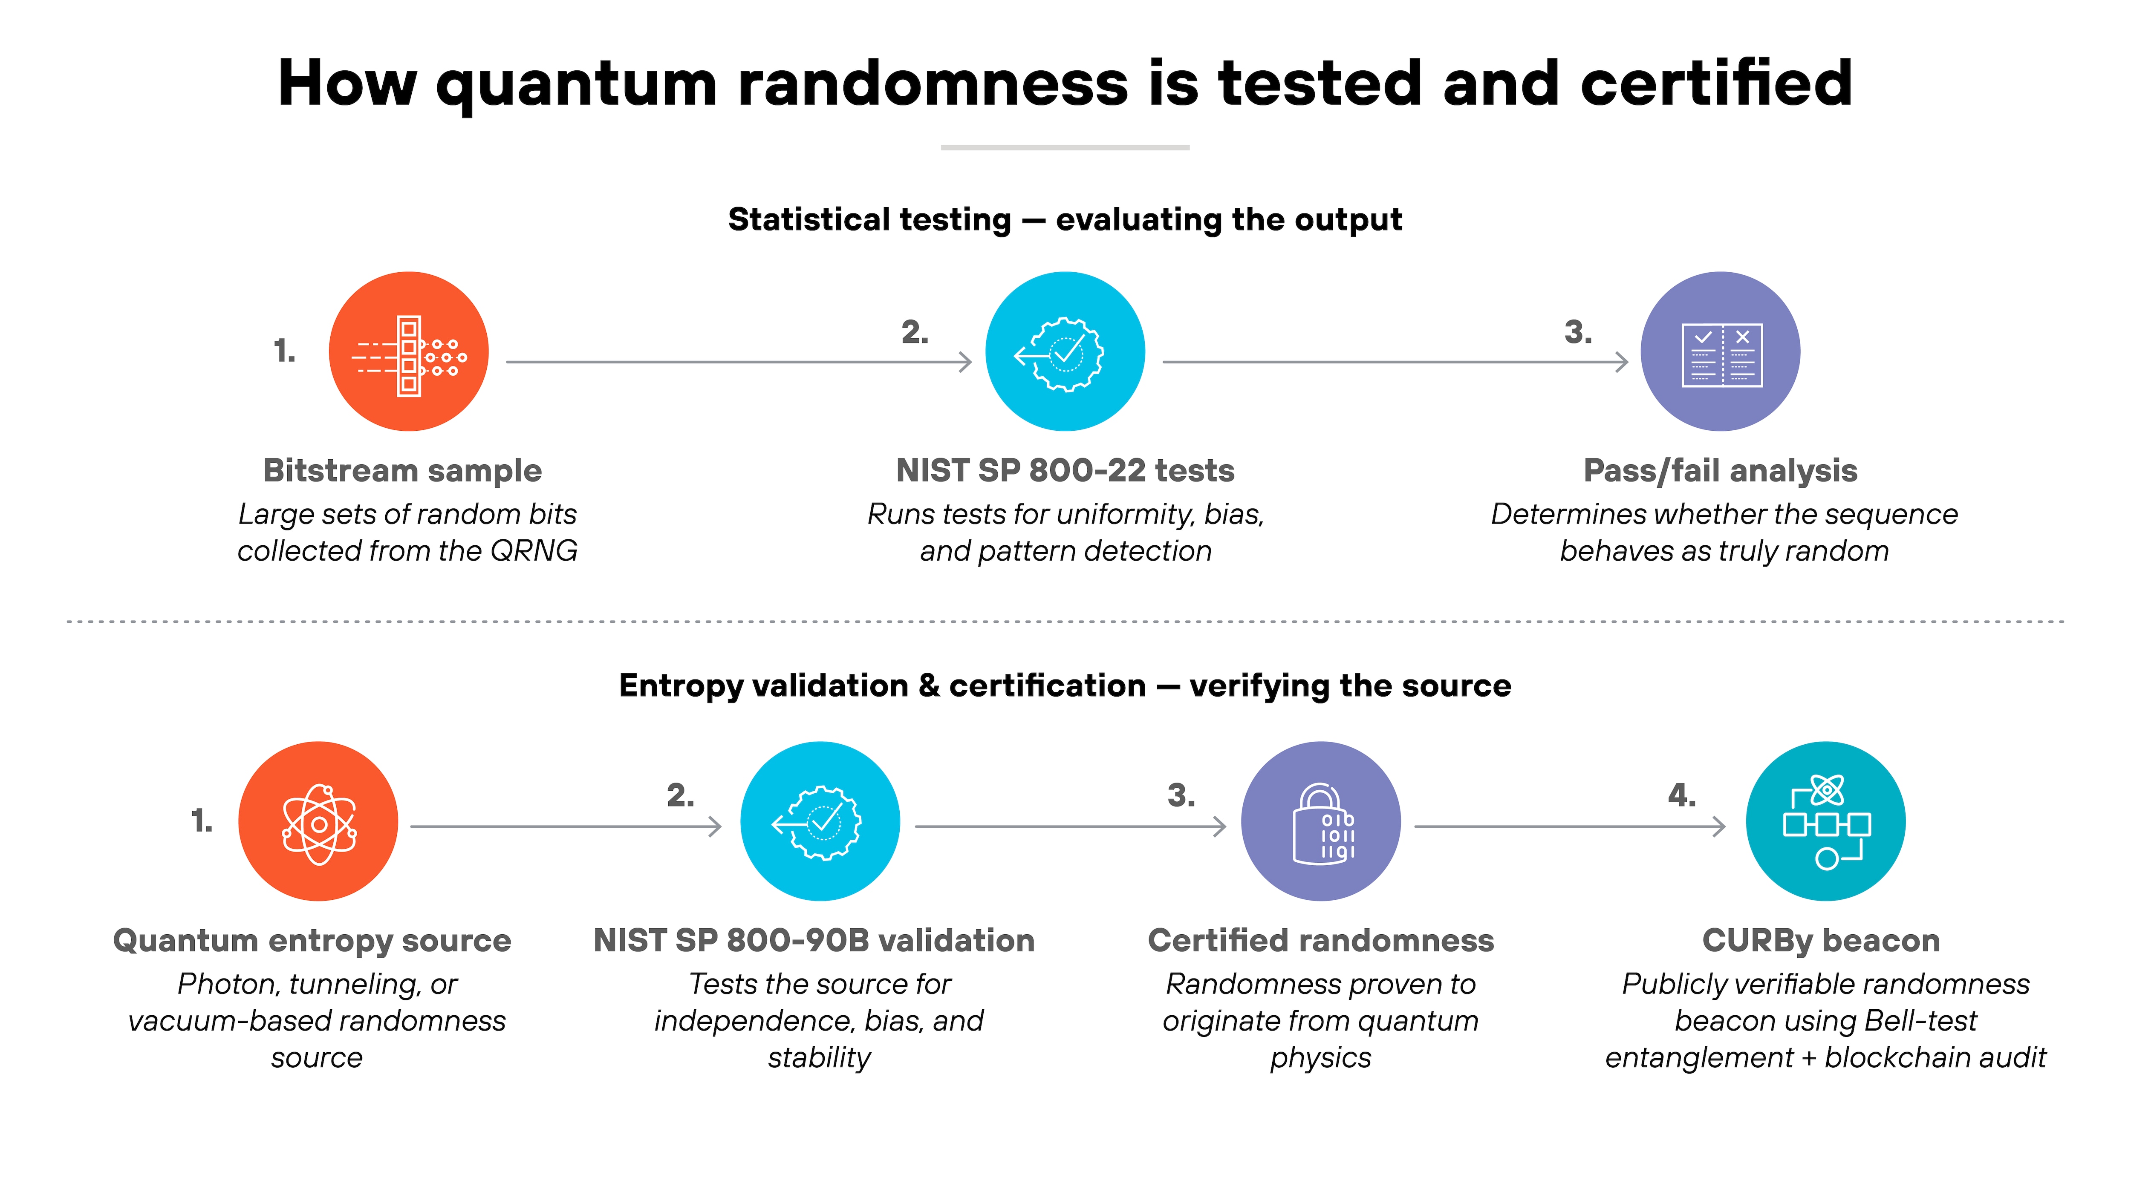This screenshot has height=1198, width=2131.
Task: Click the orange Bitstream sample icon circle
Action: [x=409, y=351]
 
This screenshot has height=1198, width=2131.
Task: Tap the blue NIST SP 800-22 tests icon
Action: [x=1065, y=351]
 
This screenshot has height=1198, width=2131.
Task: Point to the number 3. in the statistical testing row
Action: [x=1577, y=332]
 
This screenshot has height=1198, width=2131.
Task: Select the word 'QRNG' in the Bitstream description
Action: [x=534, y=550]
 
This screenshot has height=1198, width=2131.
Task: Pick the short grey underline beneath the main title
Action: [x=1065, y=147]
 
